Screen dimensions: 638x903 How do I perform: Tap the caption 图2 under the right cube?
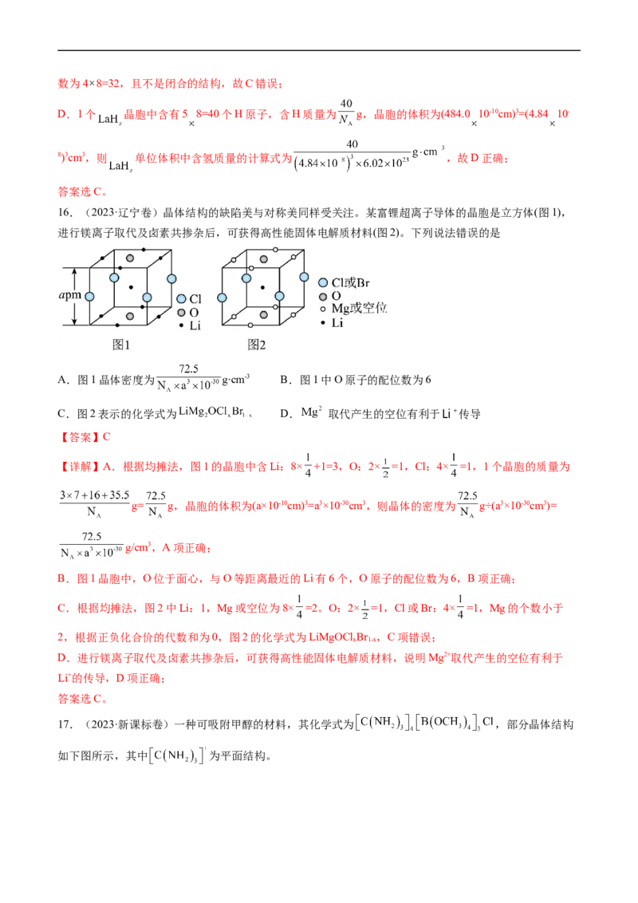(x=256, y=345)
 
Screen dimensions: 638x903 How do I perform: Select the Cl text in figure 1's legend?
(x=195, y=298)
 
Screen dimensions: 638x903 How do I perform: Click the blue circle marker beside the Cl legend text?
(x=182, y=298)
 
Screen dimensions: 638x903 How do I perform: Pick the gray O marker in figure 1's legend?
(x=182, y=312)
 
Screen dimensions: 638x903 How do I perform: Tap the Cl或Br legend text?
(x=351, y=282)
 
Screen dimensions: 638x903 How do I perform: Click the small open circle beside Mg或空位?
(x=323, y=309)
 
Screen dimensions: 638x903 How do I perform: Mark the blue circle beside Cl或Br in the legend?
(x=323, y=282)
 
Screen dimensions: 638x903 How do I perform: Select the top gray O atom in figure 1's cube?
(x=128, y=258)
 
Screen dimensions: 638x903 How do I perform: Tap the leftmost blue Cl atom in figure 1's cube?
(x=89, y=297)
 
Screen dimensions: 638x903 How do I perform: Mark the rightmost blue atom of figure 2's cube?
(x=304, y=278)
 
